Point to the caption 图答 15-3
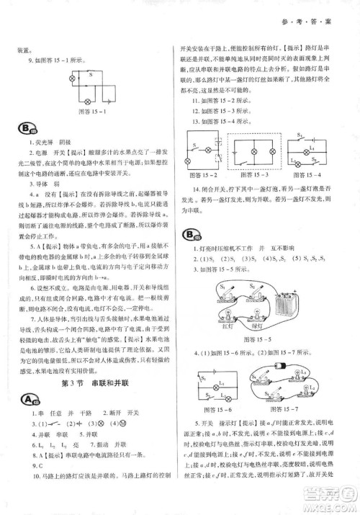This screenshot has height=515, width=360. point(254,176)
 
